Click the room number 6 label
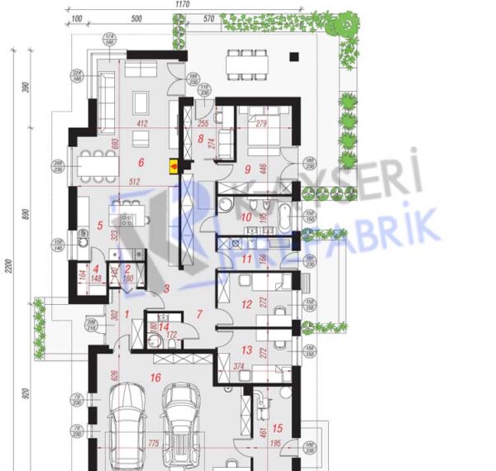tap(141, 162)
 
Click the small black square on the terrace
tap(293, 57)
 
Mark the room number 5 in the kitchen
tap(100, 224)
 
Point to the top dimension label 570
tap(208, 18)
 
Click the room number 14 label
tap(163, 327)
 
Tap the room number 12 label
tap(246, 304)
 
